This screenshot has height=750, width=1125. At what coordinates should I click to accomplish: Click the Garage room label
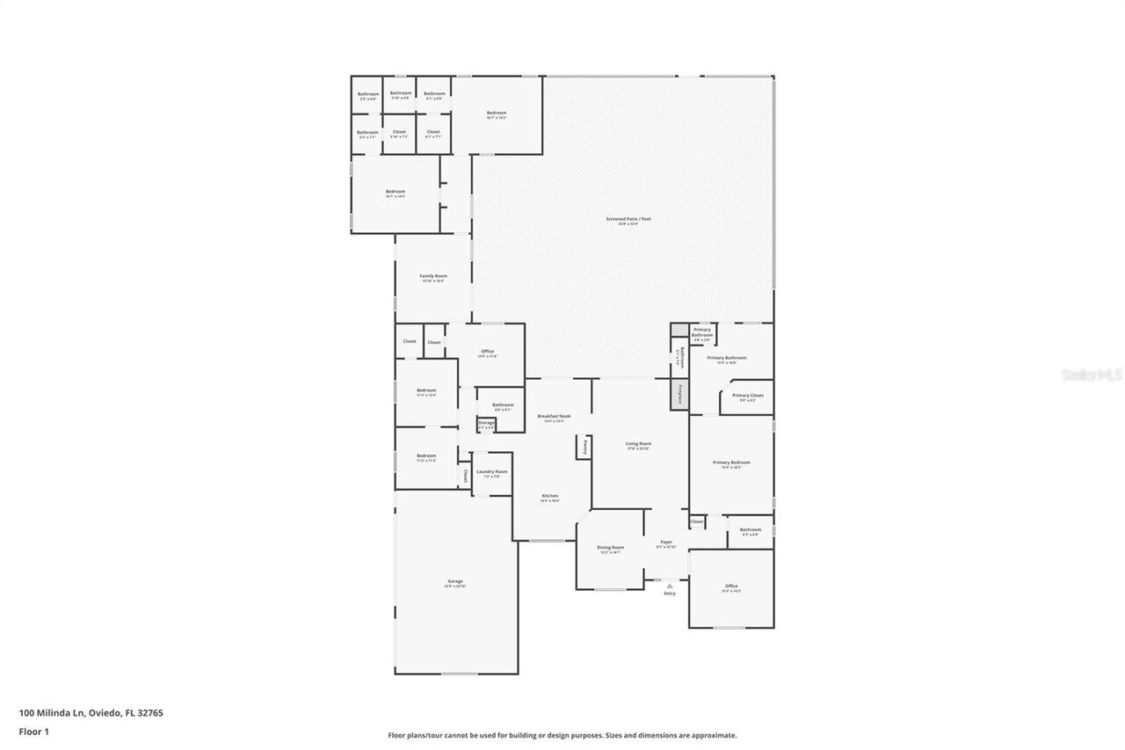click(x=455, y=581)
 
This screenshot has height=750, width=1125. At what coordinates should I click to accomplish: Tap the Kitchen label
click(x=549, y=496)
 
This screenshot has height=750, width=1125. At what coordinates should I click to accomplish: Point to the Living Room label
click(x=638, y=444)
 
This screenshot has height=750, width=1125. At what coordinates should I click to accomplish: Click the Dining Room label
click(x=610, y=548)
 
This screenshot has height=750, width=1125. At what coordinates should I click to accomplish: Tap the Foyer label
click(x=666, y=542)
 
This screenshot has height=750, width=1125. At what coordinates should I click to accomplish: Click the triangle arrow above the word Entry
click(x=670, y=585)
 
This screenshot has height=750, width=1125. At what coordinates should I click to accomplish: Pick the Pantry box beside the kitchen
click(x=583, y=447)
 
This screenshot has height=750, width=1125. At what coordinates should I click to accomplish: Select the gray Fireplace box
click(x=679, y=395)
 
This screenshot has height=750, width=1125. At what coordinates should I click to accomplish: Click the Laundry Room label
click(x=491, y=472)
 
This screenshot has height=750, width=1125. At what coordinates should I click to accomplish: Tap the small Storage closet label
click(x=486, y=423)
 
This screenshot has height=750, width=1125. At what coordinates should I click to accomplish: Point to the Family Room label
click(x=433, y=276)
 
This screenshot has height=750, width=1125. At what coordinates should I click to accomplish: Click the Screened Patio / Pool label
click(x=628, y=219)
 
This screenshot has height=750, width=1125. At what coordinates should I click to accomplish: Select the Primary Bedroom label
click(x=731, y=462)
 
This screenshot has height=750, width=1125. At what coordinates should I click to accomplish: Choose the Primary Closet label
click(x=747, y=396)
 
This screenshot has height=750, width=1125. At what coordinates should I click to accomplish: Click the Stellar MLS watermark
click(x=1092, y=375)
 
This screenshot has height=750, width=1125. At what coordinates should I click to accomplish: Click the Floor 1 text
click(x=33, y=731)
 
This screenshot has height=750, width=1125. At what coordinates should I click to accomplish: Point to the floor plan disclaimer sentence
click(x=562, y=735)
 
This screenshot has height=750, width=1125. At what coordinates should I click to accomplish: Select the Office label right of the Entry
click(x=731, y=586)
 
